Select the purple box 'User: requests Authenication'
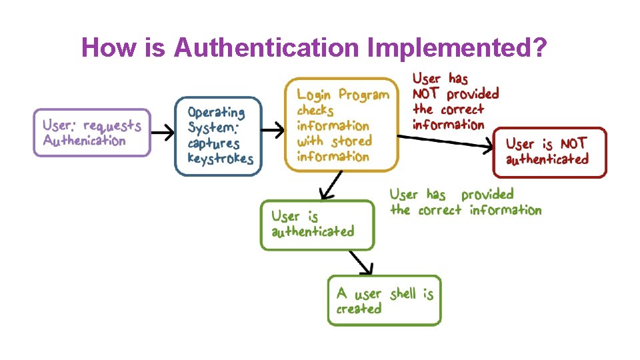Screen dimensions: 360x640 tap(92, 133)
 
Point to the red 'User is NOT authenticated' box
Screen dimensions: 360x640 tap(549, 151)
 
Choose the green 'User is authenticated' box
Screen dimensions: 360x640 tap(317, 225)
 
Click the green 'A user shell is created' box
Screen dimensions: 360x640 tap(384, 301)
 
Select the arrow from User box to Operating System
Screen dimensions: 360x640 tap(161, 133)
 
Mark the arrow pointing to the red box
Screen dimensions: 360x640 tap(453, 141)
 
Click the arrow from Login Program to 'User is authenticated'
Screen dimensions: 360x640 tap(331, 185)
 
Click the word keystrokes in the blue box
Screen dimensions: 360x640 tap(221, 159)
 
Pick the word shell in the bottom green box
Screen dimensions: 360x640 tap(402, 293)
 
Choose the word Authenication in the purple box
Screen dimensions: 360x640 tap(84, 141)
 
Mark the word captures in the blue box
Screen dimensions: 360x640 tap(213, 143)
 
